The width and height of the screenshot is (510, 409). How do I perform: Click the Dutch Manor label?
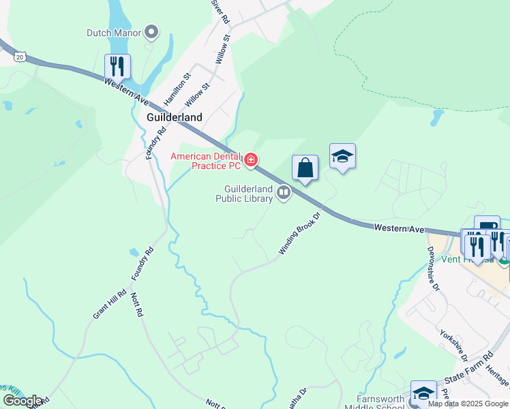113,32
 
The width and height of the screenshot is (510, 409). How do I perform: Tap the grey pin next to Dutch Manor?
151,31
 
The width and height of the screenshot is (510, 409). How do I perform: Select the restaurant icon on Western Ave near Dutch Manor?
117,67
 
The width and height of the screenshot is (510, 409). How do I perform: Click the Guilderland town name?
175,117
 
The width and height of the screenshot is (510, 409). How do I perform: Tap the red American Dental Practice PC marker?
251,160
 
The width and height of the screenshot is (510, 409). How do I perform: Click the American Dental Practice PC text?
205,161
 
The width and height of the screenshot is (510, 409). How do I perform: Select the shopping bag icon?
305,168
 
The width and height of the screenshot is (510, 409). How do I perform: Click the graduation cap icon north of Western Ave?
342,156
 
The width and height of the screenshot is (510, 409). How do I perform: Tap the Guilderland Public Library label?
245,194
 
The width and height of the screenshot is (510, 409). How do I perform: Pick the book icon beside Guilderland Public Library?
284,194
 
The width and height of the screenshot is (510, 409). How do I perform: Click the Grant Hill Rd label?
110,305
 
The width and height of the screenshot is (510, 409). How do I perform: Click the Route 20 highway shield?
20,57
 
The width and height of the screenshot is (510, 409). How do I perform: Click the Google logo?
22,400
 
